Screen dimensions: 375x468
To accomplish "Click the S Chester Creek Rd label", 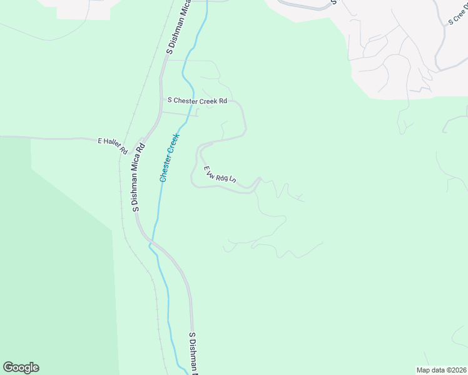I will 196,100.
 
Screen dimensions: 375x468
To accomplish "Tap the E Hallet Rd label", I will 113,146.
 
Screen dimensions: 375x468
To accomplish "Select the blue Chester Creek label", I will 170,157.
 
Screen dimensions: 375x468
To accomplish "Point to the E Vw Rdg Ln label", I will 219,174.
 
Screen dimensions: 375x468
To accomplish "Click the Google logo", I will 21,367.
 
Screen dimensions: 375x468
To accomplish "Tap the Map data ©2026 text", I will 442,370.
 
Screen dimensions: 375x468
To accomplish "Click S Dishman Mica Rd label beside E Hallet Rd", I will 139,178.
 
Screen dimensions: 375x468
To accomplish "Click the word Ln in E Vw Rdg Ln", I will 232,180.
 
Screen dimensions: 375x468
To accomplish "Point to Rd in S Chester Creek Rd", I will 222,101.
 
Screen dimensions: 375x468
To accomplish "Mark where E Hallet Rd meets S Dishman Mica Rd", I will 143,139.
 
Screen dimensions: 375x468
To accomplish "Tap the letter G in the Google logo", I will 8,367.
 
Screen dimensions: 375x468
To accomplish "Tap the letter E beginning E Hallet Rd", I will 99,142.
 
